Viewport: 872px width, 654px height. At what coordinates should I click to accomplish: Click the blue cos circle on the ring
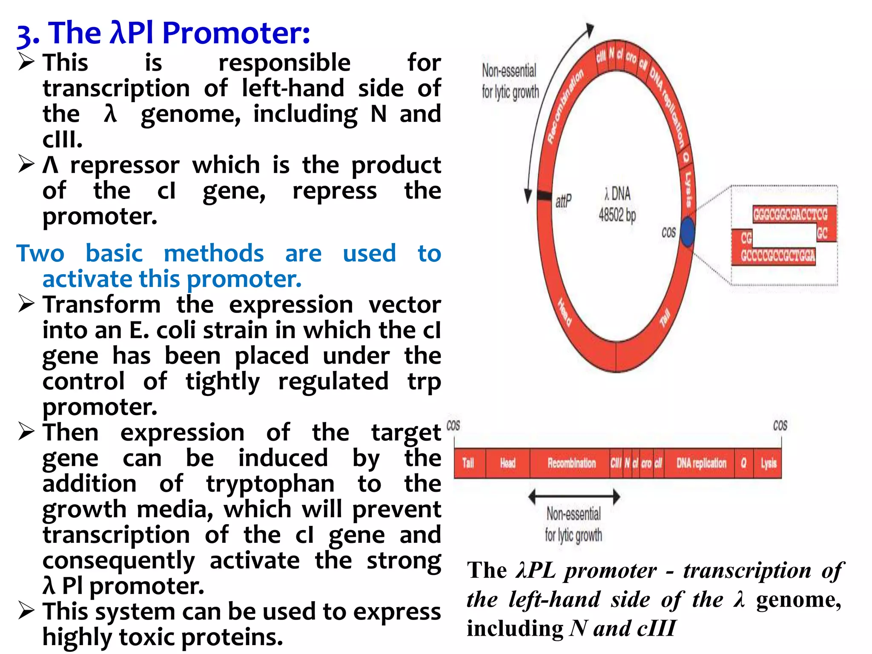(x=687, y=232)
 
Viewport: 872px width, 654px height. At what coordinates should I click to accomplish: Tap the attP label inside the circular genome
(x=563, y=201)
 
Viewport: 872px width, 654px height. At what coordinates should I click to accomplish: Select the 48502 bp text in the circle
(x=617, y=215)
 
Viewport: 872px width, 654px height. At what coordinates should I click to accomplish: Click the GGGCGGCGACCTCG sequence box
(x=790, y=214)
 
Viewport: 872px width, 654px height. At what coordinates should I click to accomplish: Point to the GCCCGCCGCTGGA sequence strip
(x=777, y=256)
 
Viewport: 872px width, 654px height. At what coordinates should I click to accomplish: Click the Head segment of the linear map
(x=508, y=463)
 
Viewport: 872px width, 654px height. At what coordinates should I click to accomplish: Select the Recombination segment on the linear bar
(x=571, y=463)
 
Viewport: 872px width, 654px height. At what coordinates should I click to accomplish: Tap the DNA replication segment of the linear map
(x=701, y=463)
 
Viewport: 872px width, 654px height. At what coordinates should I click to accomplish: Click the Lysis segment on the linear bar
(x=769, y=463)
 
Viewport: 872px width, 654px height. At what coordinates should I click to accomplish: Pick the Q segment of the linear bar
(x=743, y=463)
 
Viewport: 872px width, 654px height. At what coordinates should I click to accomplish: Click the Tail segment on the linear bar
(x=468, y=463)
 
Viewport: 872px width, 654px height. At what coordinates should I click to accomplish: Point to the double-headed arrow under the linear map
(x=574, y=496)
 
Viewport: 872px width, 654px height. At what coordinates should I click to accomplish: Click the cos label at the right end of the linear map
(x=780, y=426)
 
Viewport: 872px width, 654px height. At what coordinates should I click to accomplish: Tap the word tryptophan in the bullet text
(x=270, y=484)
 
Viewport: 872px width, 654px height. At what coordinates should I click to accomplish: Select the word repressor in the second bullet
(x=125, y=165)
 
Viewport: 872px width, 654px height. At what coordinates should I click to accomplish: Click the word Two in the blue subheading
(x=40, y=253)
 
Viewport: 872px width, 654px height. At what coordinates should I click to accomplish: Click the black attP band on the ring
(x=544, y=195)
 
